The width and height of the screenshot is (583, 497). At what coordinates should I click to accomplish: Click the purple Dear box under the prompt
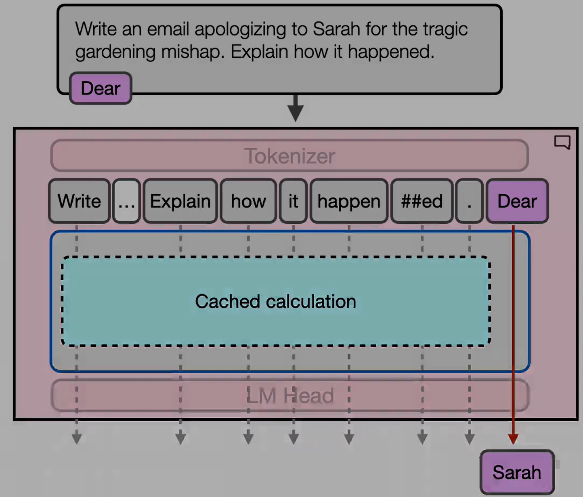[101, 88]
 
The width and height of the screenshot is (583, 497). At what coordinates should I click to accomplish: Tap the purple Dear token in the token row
[517, 201]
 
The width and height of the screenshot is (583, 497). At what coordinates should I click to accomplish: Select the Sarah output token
[517, 472]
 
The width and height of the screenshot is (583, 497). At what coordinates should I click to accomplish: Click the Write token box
[79, 201]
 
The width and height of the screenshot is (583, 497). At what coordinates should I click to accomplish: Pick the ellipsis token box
[126, 201]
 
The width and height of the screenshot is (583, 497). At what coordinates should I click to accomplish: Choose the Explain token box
[180, 201]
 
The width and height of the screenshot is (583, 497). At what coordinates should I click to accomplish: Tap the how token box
[248, 201]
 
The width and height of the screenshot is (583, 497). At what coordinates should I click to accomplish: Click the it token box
[293, 201]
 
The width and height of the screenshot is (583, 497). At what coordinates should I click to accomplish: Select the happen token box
[349, 201]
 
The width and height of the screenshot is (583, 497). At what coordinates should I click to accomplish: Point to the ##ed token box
[422, 201]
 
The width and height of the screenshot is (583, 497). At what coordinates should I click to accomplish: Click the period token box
[469, 201]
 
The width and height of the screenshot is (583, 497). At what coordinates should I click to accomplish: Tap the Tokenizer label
[289, 156]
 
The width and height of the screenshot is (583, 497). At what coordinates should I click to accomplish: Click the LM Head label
[289, 396]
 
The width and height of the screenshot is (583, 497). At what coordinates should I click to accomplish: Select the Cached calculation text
[275, 301]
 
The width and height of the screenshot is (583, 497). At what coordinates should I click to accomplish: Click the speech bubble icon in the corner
[562, 142]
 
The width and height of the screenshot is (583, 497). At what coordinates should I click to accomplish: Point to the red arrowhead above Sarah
[513, 439]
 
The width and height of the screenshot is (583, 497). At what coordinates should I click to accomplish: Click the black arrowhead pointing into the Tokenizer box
[296, 113]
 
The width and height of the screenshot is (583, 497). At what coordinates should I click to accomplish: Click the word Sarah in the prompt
[336, 29]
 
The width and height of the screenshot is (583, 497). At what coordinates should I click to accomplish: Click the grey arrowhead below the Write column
[77, 438]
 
